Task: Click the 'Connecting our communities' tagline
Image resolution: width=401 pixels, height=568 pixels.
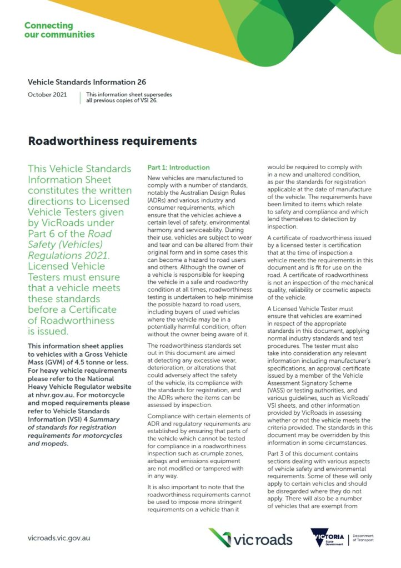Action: pos(59,30)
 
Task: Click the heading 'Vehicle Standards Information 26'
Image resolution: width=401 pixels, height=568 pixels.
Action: pos(87,82)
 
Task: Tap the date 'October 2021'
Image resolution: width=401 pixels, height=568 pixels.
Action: pos(47,95)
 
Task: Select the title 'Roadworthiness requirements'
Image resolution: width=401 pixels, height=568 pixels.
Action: pos(112,141)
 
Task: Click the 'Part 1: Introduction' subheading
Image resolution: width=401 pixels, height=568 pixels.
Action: pos(178,168)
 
